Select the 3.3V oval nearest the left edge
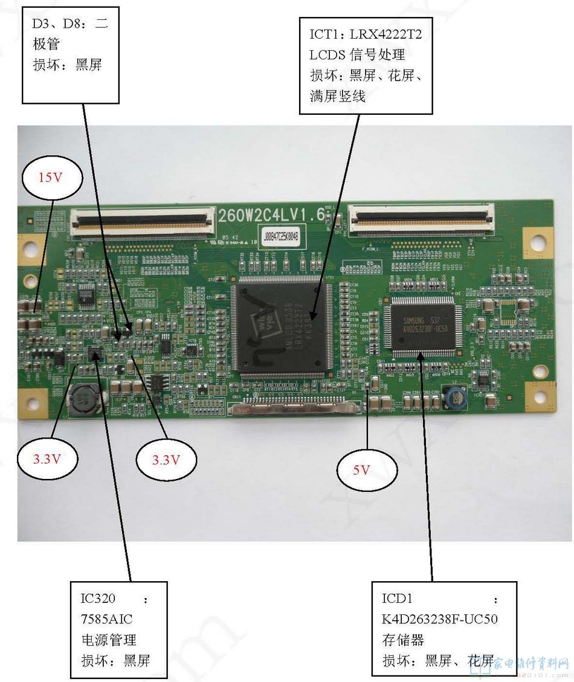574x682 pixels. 46,459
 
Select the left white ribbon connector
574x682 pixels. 143,220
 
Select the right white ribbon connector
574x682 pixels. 423,219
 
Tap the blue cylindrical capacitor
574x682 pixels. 454,397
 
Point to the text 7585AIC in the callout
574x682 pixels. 107,619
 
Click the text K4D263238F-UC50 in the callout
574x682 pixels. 440,619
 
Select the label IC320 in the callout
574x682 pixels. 98,599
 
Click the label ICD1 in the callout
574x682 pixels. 397,599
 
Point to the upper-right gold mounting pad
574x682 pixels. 537,242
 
